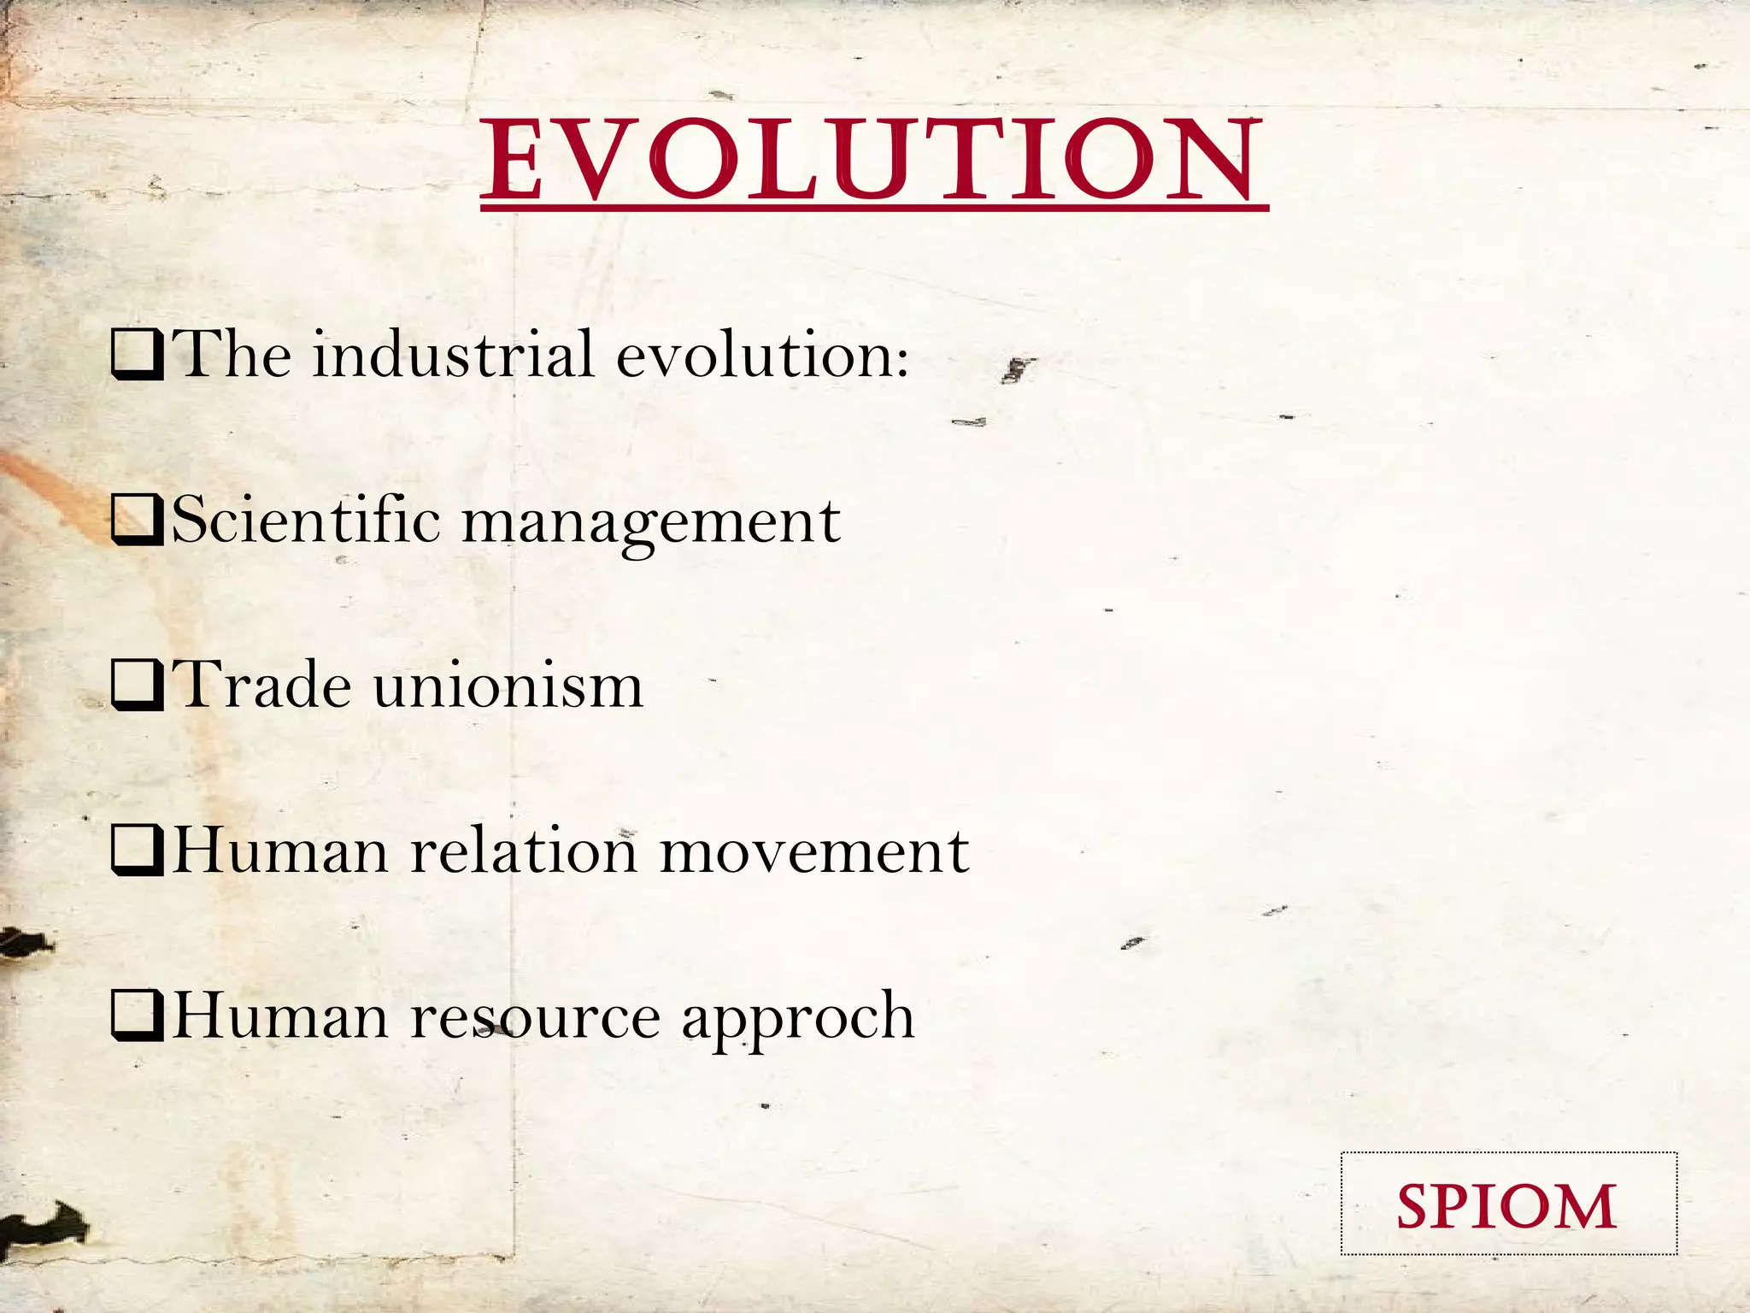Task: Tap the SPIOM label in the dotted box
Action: click(x=1507, y=1206)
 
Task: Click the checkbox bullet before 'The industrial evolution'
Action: click(x=138, y=356)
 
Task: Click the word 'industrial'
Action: click(x=452, y=354)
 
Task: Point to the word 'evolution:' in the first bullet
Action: click(x=763, y=354)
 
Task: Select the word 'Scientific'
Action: click(x=306, y=520)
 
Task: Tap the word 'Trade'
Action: click(x=261, y=685)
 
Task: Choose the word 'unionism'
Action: click(x=508, y=685)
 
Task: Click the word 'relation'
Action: click(x=524, y=851)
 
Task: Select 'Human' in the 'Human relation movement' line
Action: click(x=280, y=851)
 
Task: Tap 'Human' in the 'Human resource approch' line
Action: click(x=280, y=1016)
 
